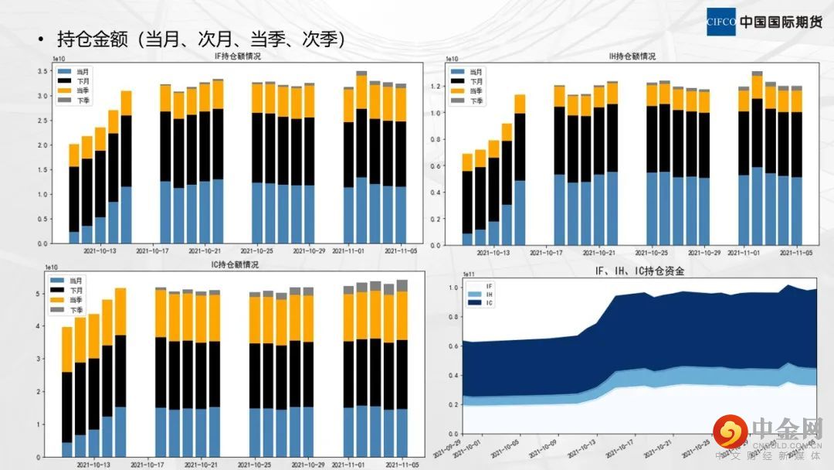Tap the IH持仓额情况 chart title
[632, 56]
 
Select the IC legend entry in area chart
[488, 303]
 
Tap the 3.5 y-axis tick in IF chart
[42, 71]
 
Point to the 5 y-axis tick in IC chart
[46, 294]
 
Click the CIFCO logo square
[721, 22]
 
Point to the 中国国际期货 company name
[781, 22]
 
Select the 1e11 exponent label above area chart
[469, 274]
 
